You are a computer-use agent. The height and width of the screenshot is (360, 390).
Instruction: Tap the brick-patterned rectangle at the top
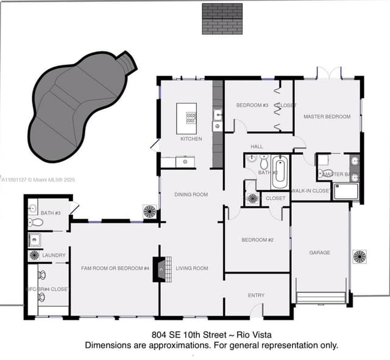tap(222, 18)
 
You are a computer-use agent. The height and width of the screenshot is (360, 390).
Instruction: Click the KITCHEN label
tap(191, 139)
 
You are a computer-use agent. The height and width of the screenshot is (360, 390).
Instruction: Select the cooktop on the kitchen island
tap(191, 114)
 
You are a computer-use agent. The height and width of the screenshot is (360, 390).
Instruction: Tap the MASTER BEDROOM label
tap(327, 116)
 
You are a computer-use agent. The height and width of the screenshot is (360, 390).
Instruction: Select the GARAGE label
tap(319, 252)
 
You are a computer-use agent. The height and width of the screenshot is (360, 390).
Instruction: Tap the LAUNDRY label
tap(54, 255)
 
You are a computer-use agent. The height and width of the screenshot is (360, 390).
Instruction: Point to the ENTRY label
tap(256, 295)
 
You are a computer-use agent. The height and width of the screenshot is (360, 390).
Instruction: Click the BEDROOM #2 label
tap(257, 240)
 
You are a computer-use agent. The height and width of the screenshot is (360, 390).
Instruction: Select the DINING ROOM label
tap(191, 195)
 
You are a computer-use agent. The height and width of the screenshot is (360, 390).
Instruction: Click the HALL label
tap(257, 146)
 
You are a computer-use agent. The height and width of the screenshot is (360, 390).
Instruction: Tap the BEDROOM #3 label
tap(252, 105)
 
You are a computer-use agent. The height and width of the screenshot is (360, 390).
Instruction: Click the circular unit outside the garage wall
tap(360, 256)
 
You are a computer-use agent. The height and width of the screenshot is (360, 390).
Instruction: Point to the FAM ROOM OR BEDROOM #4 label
tap(115, 268)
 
